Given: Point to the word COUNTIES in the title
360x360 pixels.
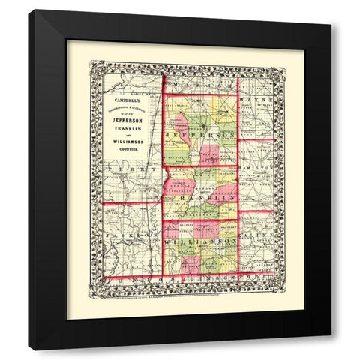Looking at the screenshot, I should (x=126, y=155).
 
